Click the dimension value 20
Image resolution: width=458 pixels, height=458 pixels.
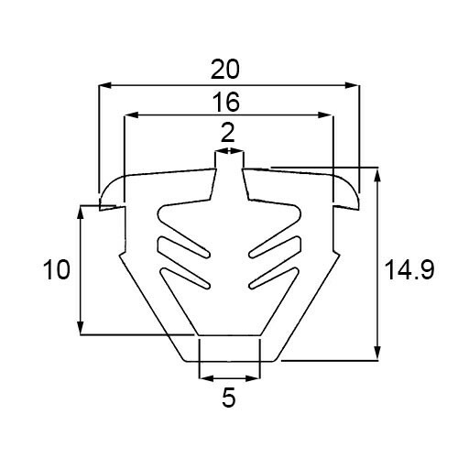[x=225, y=70]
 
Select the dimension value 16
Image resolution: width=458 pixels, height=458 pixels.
[x=226, y=103]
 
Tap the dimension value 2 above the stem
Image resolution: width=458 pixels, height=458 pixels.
[x=227, y=134]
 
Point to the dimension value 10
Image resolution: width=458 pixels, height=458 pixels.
[x=57, y=269]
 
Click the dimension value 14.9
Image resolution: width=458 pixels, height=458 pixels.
[x=409, y=269]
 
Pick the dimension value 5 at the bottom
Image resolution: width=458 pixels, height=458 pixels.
[x=229, y=398]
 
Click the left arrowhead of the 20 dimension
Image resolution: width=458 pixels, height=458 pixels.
[x=105, y=85]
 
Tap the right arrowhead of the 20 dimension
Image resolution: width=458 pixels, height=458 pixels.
[x=351, y=85]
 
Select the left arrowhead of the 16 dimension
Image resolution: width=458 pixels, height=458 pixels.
[x=131, y=115]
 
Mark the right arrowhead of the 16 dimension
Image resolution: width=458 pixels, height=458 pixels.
[x=324, y=115]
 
